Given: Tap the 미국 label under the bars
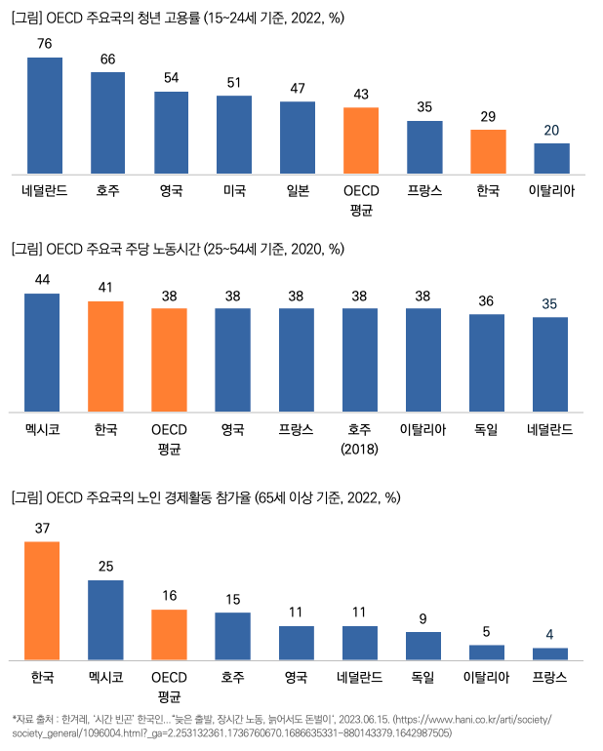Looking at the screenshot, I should (x=234, y=191).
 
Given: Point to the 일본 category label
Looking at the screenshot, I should (x=298, y=191).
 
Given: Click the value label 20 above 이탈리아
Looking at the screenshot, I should (x=551, y=131).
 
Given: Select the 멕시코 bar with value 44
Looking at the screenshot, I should (x=42, y=352).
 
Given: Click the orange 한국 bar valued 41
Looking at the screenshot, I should (x=105, y=356).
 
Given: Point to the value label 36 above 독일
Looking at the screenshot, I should (x=488, y=300).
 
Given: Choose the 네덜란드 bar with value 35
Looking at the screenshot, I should (x=550, y=364).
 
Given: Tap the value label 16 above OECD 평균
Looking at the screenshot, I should (x=169, y=595).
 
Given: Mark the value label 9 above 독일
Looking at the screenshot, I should (x=423, y=618).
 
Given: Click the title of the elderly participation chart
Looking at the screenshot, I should (x=206, y=497).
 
